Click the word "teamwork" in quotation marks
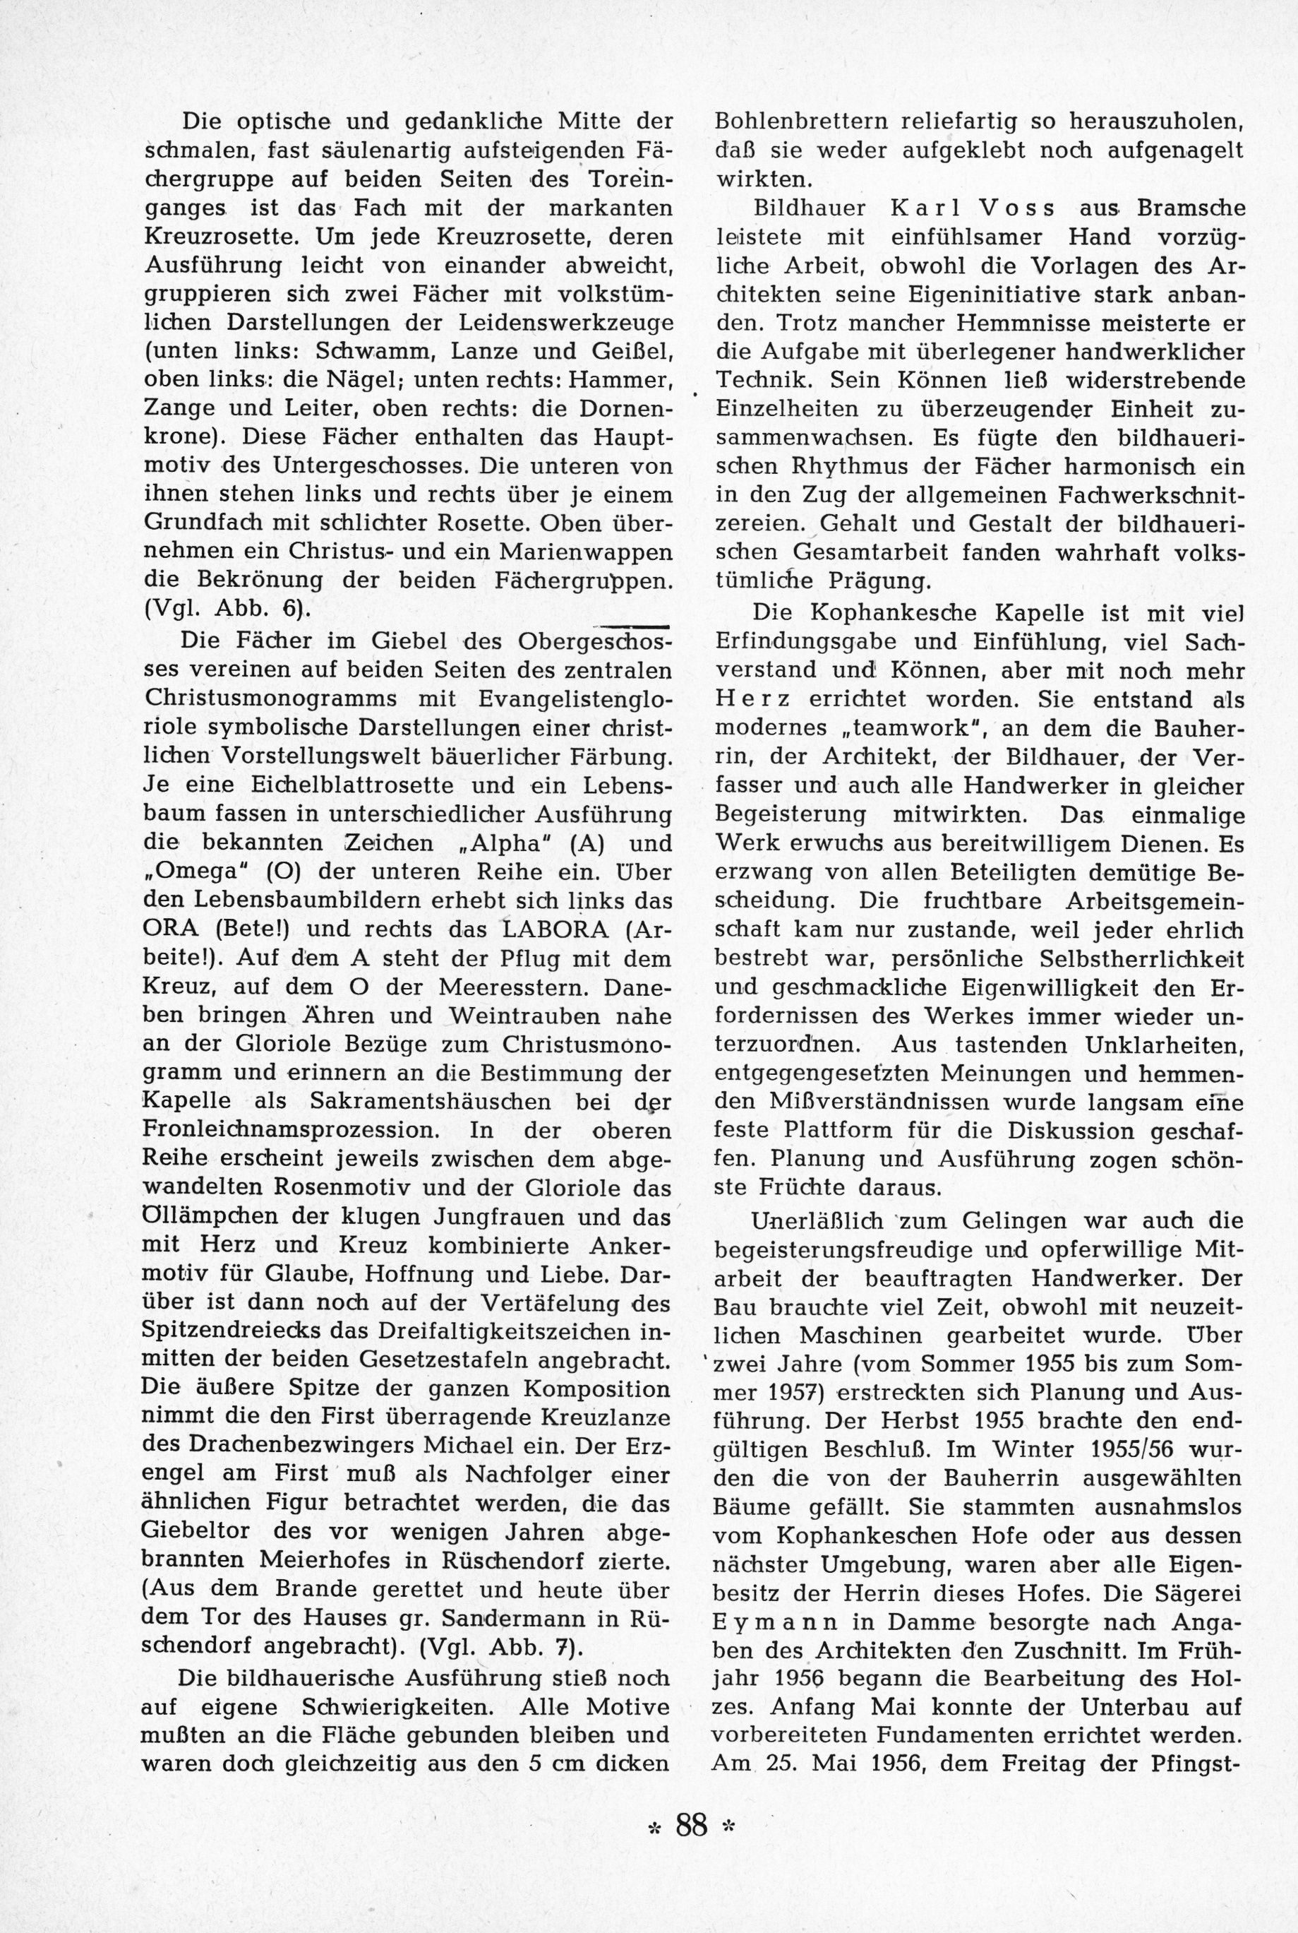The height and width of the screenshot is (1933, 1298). (x=918, y=728)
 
